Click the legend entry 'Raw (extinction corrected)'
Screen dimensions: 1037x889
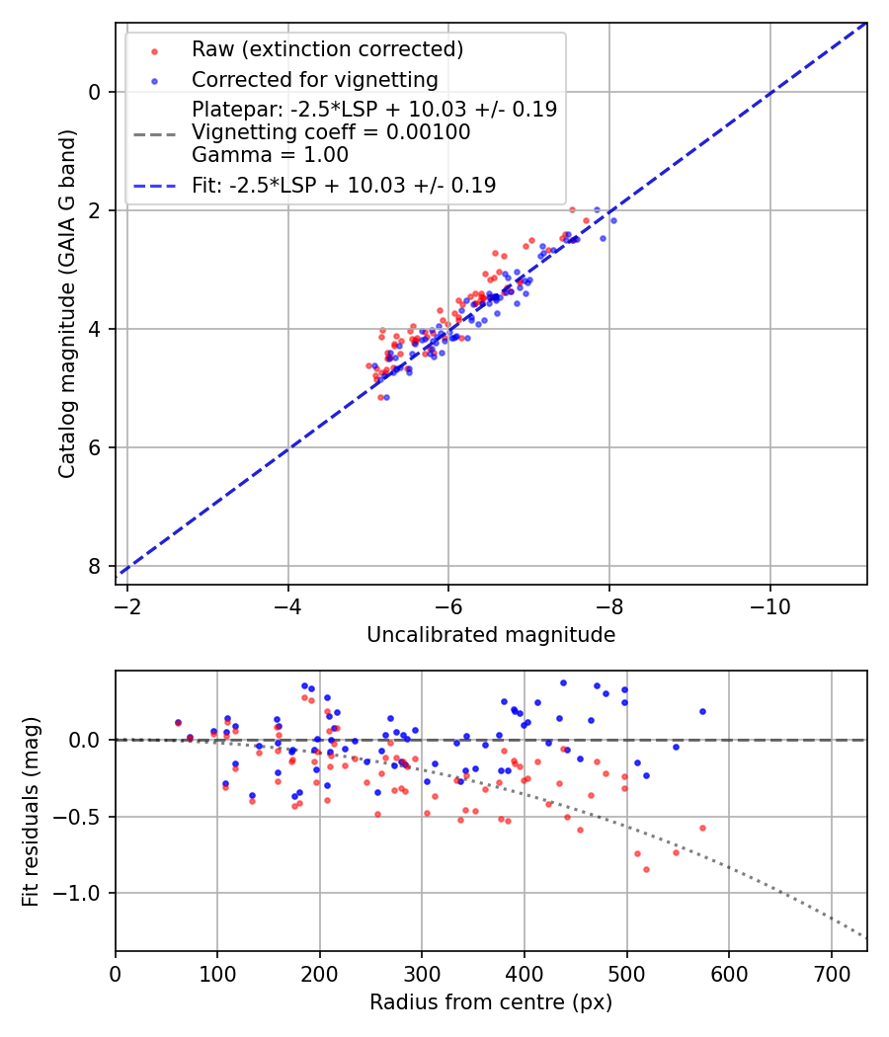(327, 49)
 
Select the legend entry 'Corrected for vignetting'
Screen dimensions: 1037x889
(314, 79)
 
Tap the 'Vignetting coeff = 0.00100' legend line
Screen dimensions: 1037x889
(331, 132)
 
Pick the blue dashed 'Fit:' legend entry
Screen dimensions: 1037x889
(344, 185)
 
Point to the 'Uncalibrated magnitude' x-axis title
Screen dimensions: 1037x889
(491, 635)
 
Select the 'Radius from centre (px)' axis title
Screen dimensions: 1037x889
(491, 1003)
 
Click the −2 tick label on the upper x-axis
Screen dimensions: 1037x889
(127, 605)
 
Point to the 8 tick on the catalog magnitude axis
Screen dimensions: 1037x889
(95, 566)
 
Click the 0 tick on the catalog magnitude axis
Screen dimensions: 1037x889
(95, 92)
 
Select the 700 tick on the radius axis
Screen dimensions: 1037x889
(831, 972)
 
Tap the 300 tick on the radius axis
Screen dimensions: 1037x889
(422, 972)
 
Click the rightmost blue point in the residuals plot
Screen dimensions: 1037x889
(702, 711)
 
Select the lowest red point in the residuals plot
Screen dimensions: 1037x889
(646, 869)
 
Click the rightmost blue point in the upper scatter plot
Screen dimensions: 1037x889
(613, 220)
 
